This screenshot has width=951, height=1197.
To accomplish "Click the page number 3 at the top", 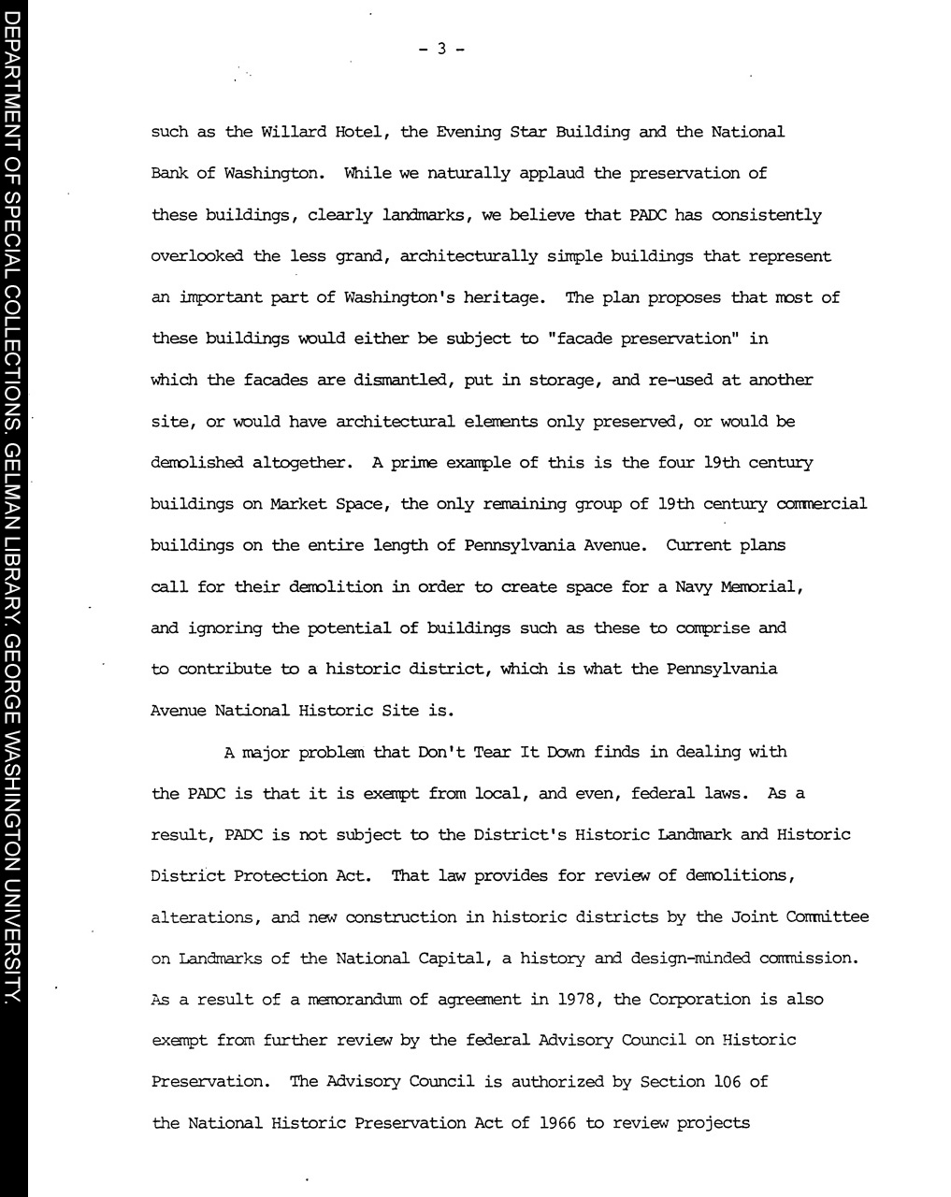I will coord(441,50).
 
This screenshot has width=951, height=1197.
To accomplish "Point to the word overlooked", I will coord(197,256).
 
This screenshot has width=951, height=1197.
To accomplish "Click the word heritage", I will coord(509,297).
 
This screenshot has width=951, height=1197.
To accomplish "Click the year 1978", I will coord(579,1000).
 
